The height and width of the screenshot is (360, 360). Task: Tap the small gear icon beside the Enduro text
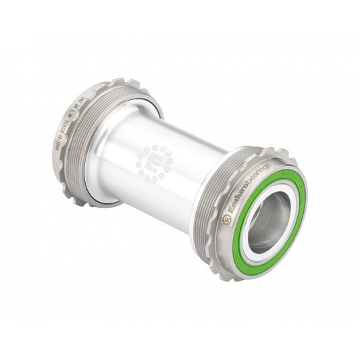(227, 220)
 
